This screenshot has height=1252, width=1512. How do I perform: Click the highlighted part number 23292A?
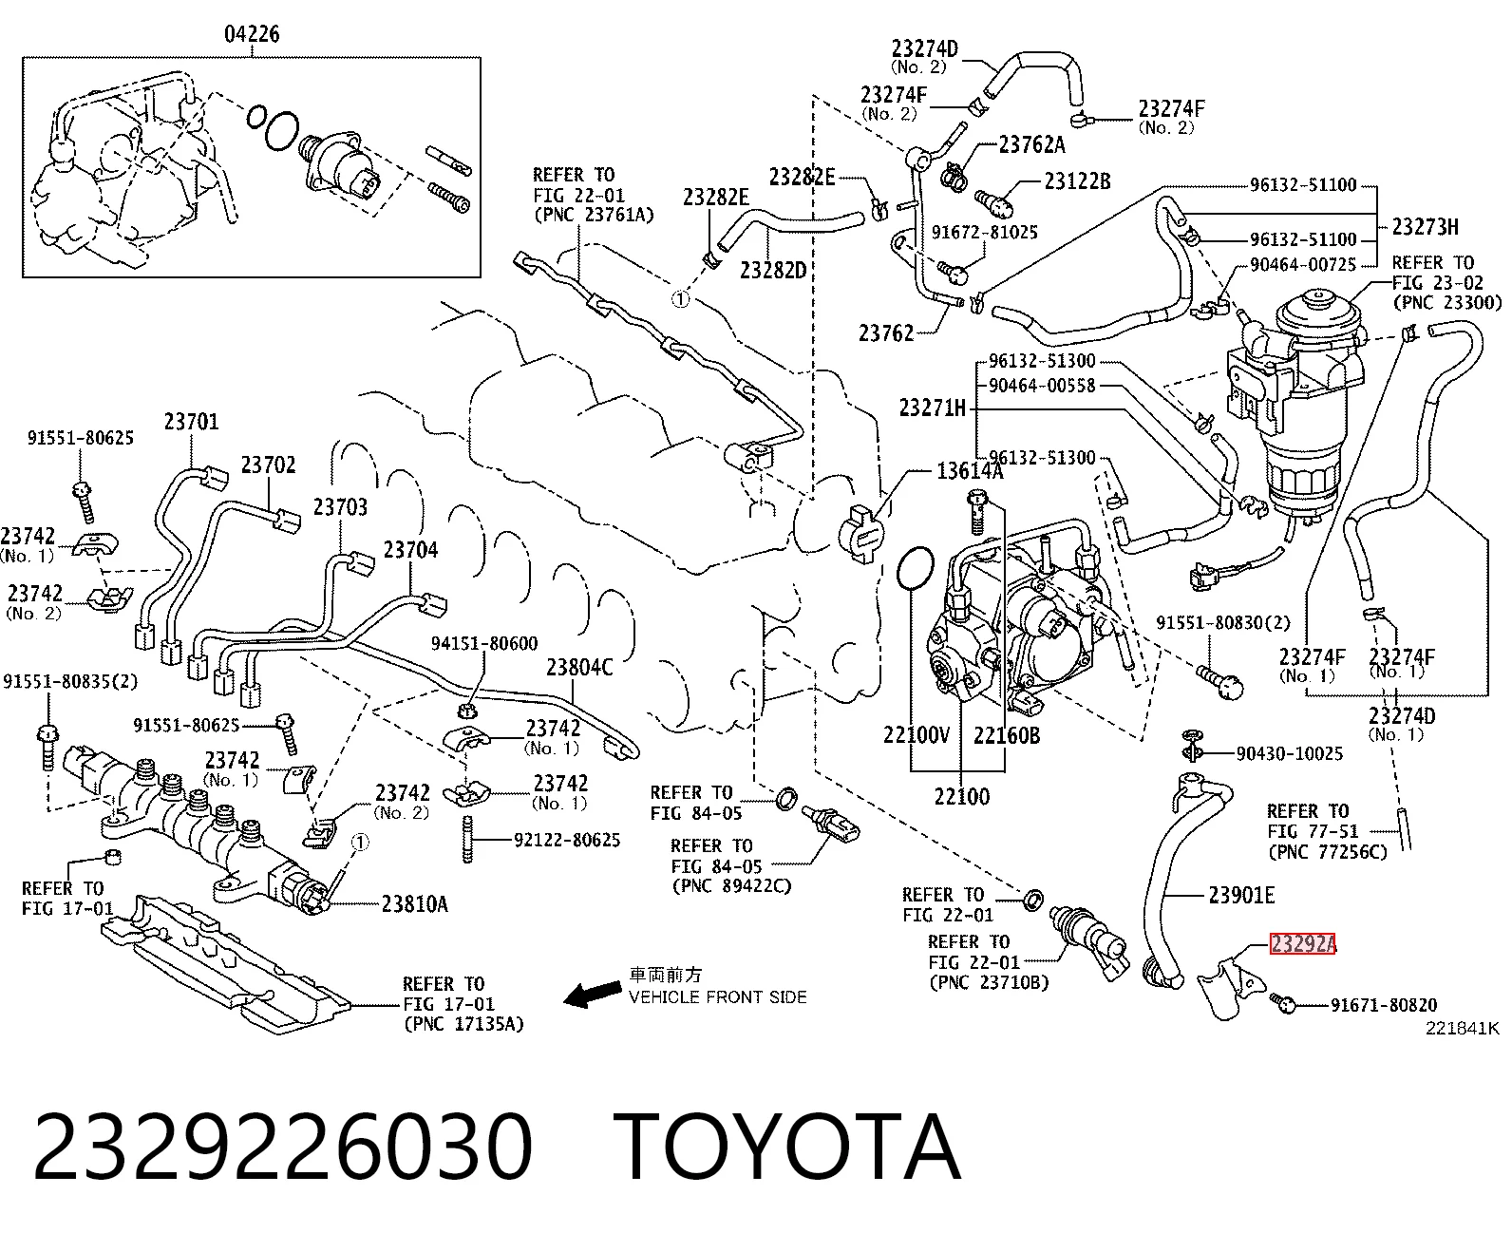[1302, 944]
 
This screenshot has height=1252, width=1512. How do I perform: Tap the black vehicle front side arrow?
[593, 994]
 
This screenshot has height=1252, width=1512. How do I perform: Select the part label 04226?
[252, 34]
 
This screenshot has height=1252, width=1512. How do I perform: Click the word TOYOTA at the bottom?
[787, 1148]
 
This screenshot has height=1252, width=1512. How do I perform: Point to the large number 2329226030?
[282, 1148]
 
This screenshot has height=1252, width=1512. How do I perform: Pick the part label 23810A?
[414, 904]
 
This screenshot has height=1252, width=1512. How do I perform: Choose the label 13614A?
[970, 472]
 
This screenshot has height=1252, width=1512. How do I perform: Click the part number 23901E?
[1241, 896]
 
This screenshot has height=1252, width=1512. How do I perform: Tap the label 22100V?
[917, 735]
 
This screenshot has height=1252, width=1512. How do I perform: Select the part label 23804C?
[579, 667]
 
